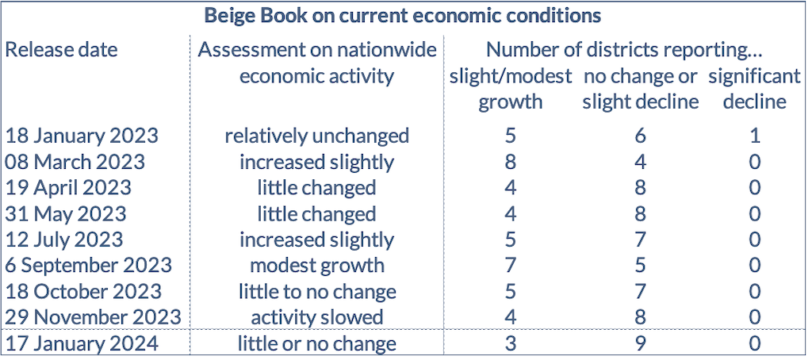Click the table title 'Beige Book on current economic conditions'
(x=402, y=15)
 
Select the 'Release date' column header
(x=61, y=50)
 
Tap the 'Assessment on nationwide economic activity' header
(x=317, y=63)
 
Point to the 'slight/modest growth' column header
(x=511, y=89)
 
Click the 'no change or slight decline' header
(x=641, y=89)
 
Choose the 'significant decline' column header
(x=754, y=89)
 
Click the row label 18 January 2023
(x=81, y=136)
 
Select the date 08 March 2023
(x=75, y=162)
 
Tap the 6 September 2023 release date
(x=88, y=266)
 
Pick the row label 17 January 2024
(x=81, y=344)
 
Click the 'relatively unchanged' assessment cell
(x=317, y=136)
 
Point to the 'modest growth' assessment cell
(x=317, y=266)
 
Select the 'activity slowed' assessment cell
(x=317, y=318)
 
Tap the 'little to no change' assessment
(x=317, y=292)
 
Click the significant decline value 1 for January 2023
(x=755, y=136)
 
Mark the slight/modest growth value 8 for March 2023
(x=511, y=162)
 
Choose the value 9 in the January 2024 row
(x=641, y=344)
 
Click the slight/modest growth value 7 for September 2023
(x=511, y=266)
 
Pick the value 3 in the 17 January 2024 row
(x=511, y=344)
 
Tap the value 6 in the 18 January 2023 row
(x=641, y=136)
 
